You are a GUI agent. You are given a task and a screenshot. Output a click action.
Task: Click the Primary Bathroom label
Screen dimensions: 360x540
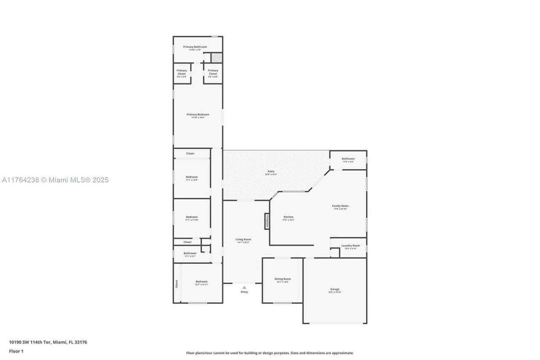(x=195, y=47)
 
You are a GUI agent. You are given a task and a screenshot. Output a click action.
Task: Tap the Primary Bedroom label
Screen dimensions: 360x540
(x=198, y=114)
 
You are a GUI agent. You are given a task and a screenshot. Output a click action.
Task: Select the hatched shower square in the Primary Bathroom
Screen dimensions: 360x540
(x=216, y=57)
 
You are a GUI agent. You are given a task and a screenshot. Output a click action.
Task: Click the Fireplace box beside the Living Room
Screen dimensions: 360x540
(x=267, y=221)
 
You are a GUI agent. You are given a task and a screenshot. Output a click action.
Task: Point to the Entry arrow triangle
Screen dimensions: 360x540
(x=244, y=287)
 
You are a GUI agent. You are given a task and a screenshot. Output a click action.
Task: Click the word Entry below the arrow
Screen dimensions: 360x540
(x=244, y=292)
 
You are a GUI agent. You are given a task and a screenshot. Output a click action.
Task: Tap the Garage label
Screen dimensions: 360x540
(x=335, y=290)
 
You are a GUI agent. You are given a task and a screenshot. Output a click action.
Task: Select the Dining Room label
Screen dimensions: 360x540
(x=283, y=279)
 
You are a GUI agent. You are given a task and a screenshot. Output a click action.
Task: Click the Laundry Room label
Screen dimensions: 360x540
(x=351, y=246)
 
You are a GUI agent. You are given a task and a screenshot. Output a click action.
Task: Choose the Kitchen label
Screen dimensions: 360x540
(x=288, y=217)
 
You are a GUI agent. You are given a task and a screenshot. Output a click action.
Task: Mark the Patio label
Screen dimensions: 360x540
(x=270, y=171)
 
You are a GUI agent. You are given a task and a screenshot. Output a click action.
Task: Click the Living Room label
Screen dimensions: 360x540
(x=243, y=239)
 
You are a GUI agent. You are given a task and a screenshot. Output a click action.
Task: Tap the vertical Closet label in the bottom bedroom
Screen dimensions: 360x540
(x=176, y=284)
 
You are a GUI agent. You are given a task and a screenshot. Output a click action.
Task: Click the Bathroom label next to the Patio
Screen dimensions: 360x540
(x=348, y=159)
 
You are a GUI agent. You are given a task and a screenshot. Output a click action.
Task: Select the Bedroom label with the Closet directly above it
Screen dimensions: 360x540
(x=192, y=177)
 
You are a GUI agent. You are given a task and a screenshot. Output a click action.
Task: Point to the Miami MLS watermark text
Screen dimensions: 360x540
(x=54, y=180)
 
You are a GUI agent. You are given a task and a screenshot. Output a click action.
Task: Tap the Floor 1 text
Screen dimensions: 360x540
(x=16, y=351)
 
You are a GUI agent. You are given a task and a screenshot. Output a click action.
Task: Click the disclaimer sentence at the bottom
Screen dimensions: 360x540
(x=270, y=353)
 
